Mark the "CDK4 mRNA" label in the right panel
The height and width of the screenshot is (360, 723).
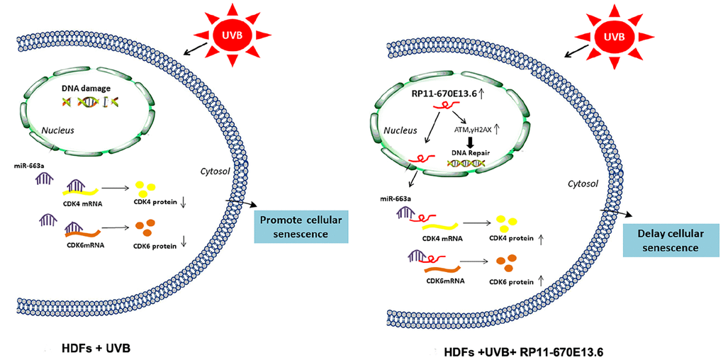pyautogui.click(x=442, y=237)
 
